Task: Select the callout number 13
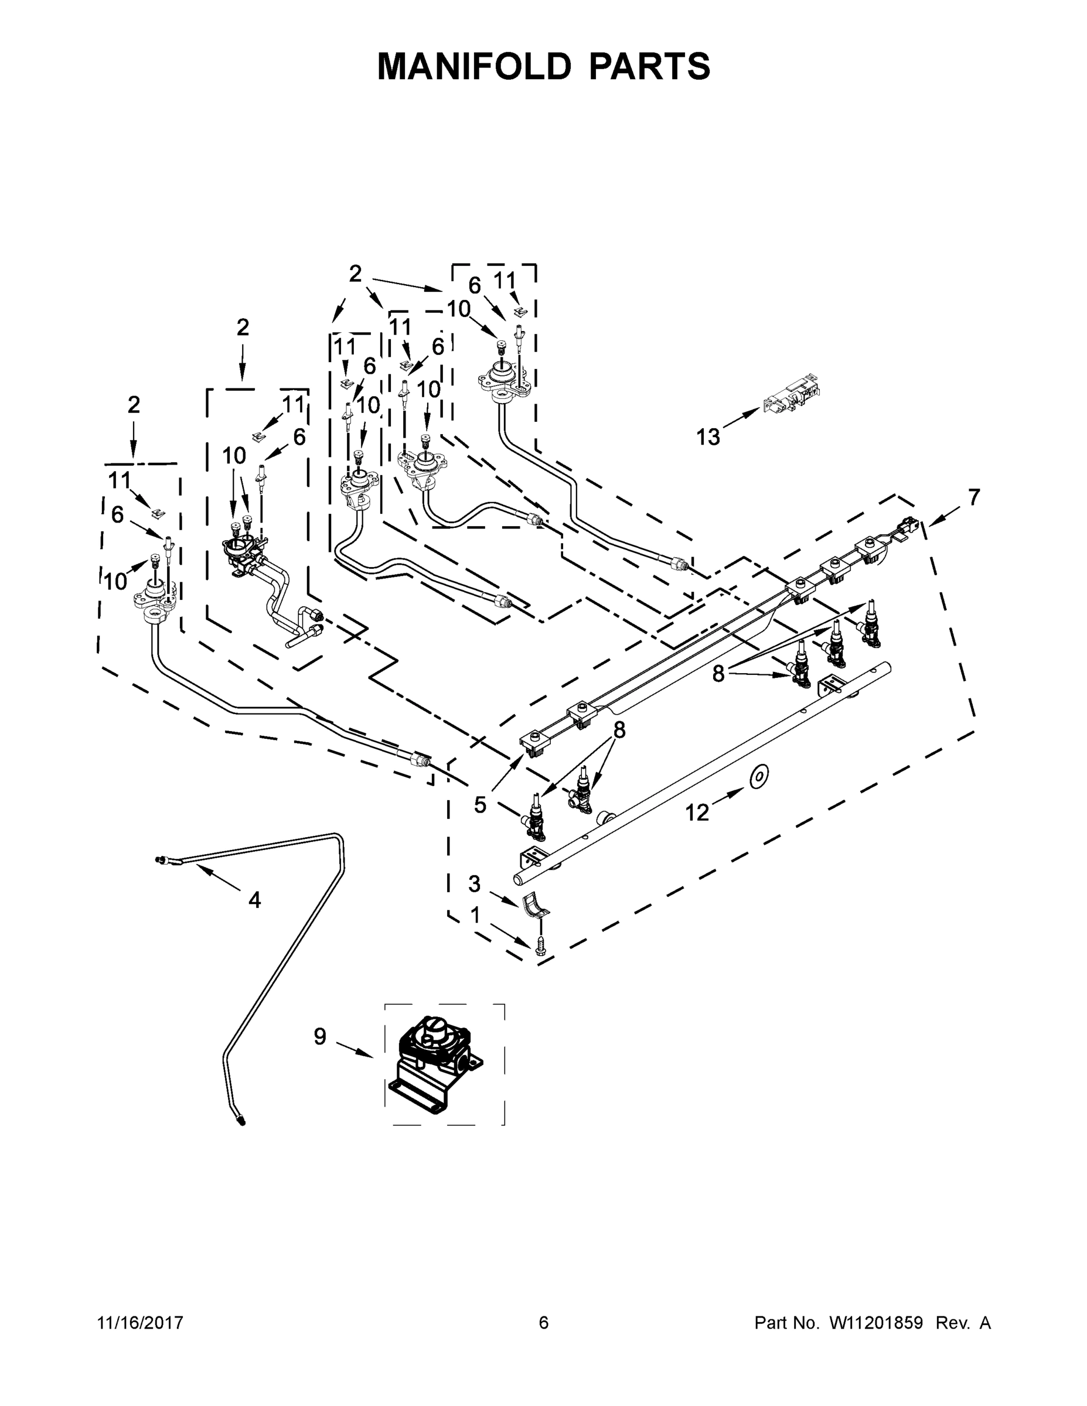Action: coord(708,437)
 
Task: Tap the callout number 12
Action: coord(697,813)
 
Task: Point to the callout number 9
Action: coord(320,1036)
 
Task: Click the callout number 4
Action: coord(254,900)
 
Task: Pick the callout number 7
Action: coord(974,497)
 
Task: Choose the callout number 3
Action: coord(475,884)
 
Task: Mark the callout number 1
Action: coord(475,915)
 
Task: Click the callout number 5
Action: coord(481,805)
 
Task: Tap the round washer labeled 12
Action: coord(759,776)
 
